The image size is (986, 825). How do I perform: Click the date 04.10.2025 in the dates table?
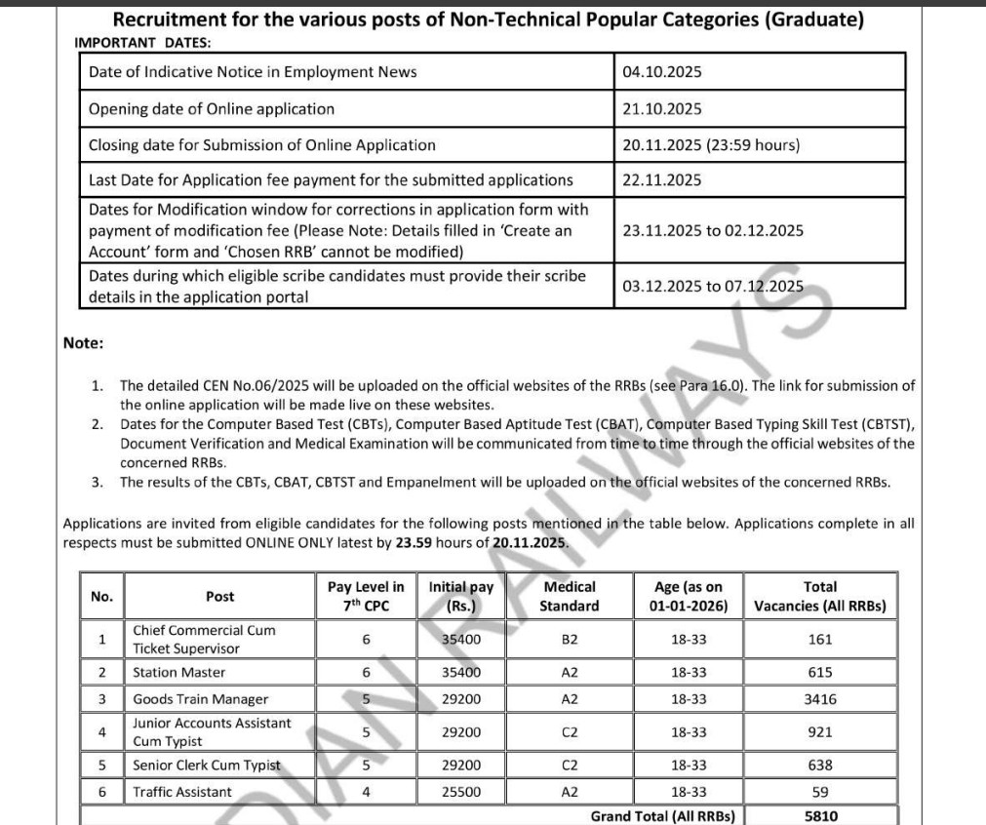pyautogui.click(x=661, y=72)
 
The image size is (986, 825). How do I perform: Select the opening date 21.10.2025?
pyautogui.click(x=661, y=109)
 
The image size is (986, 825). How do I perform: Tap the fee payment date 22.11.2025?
pyautogui.click(x=661, y=180)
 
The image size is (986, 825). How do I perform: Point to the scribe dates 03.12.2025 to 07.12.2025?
pyautogui.click(x=713, y=286)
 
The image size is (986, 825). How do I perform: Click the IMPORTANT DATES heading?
pyautogui.click(x=142, y=43)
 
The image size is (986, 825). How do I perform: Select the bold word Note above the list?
pyautogui.click(x=83, y=342)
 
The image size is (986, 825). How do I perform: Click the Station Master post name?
pyautogui.click(x=178, y=673)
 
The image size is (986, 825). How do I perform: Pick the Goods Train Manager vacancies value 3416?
pyautogui.click(x=819, y=699)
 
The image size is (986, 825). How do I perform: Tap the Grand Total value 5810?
pyautogui.click(x=819, y=816)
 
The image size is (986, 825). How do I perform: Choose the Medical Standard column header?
pyautogui.click(x=570, y=597)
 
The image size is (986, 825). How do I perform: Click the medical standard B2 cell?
pyautogui.click(x=570, y=640)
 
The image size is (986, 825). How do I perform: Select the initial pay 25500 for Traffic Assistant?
pyautogui.click(x=461, y=793)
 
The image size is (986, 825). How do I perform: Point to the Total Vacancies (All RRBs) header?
pyautogui.click(x=819, y=597)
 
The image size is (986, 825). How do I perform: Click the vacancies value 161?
pyautogui.click(x=819, y=640)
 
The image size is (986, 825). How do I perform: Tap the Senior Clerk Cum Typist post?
pyautogui.click(x=206, y=766)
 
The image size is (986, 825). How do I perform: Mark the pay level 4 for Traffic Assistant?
pyautogui.click(x=366, y=793)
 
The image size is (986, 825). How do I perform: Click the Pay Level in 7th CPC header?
pyautogui.click(x=366, y=597)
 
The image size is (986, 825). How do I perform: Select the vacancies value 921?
pyautogui.click(x=819, y=731)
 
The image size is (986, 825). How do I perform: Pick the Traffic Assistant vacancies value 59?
pyautogui.click(x=819, y=793)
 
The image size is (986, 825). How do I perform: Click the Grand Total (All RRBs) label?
pyautogui.click(x=662, y=816)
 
